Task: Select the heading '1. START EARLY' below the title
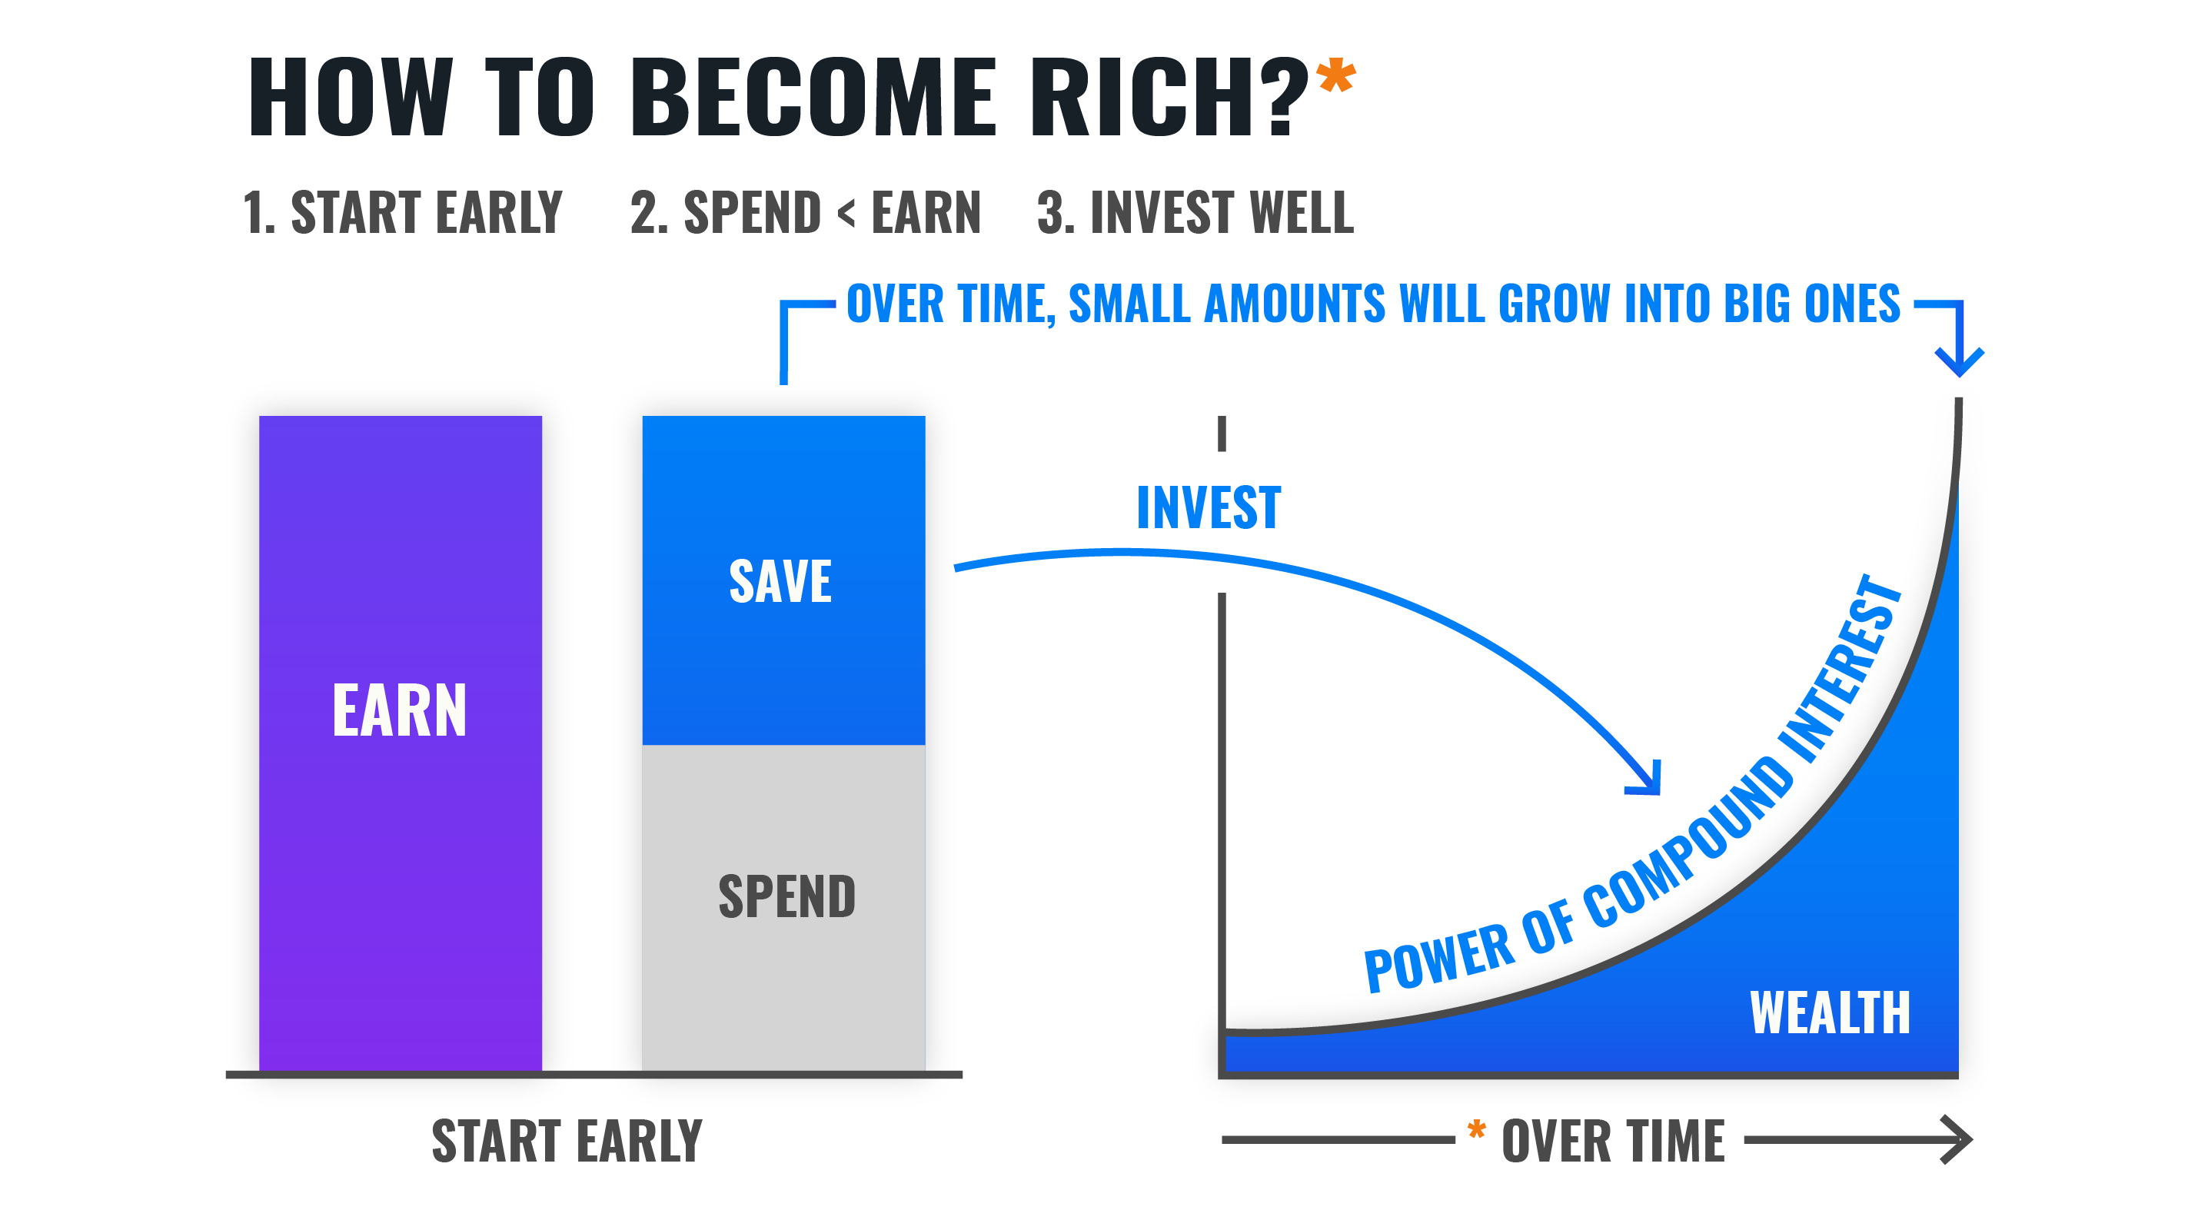[x=403, y=212]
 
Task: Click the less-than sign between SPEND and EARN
[x=846, y=213]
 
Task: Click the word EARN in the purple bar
[x=399, y=710]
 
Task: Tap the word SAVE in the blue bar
[x=780, y=581]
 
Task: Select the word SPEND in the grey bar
[x=787, y=896]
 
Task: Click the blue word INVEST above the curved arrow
[x=1209, y=508]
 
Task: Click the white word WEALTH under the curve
[x=1831, y=1012]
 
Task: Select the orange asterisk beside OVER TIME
[x=1477, y=1130]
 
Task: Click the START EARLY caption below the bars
[x=567, y=1141]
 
